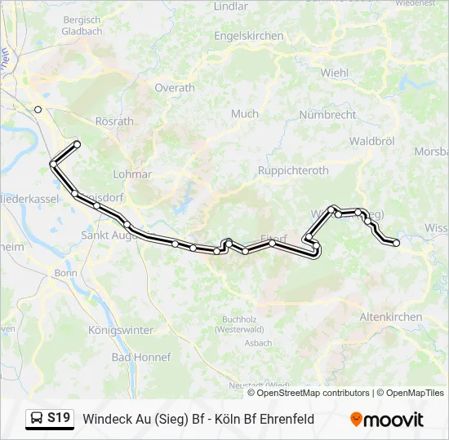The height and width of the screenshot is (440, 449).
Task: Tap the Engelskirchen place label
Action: (249, 36)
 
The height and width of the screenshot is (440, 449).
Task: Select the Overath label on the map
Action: (175, 88)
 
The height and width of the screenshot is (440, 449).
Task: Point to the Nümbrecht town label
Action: (327, 115)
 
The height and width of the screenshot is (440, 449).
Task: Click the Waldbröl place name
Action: (371, 141)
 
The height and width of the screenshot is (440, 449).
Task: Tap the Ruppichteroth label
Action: (293, 170)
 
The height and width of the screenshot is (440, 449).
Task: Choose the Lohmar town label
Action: (133, 174)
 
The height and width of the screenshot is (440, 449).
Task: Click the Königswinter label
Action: (120, 330)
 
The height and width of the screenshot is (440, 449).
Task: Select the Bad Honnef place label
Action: (140, 357)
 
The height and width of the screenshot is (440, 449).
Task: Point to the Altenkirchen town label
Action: (392, 316)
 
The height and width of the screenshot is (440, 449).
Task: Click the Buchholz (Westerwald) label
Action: (238, 325)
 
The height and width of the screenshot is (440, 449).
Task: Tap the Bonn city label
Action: (64, 273)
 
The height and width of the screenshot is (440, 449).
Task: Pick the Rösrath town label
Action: (114, 121)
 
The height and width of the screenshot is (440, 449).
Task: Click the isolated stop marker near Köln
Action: (38, 109)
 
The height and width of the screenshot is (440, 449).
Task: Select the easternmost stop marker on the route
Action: (397, 242)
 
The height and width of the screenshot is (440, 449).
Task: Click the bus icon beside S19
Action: (37, 419)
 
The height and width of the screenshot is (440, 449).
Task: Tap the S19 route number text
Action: (59, 419)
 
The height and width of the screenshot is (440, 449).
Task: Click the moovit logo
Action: (386, 420)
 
